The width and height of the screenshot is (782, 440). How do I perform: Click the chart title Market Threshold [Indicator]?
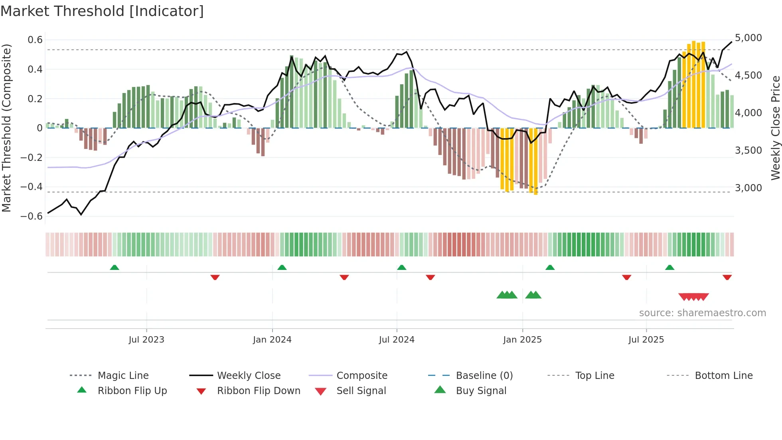tap(102, 11)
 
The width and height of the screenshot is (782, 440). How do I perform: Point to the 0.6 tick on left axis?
tap(35, 40)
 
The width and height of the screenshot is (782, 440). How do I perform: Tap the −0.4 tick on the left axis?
tap(32, 187)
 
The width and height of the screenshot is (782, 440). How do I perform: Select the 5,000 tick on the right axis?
tap(748, 38)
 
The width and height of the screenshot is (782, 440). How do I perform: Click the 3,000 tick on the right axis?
tap(748, 188)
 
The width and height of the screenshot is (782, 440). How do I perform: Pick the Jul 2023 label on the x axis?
tap(146, 340)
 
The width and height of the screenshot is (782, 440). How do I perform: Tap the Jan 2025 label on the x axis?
tap(522, 340)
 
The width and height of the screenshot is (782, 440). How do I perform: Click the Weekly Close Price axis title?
tap(775, 128)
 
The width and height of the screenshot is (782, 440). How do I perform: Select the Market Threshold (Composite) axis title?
tap(6, 128)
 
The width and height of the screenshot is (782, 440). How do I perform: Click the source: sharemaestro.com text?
tap(702, 313)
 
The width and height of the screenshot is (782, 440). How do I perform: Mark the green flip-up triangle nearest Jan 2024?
tap(282, 268)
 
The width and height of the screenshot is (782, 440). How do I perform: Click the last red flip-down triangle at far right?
tap(727, 277)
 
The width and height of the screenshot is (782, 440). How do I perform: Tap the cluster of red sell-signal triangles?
tap(693, 297)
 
